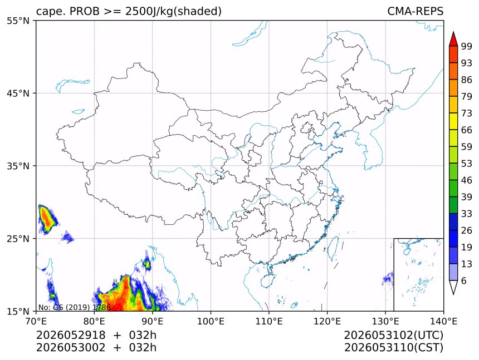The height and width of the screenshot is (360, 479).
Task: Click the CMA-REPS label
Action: click(x=415, y=11)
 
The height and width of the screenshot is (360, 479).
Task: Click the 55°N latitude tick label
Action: click(x=18, y=21)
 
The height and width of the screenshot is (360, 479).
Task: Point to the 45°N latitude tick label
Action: click(x=18, y=93)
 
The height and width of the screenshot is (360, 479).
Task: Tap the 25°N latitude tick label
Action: click(x=18, y=239)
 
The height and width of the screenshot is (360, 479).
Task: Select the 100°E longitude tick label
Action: click(x=211, y=321)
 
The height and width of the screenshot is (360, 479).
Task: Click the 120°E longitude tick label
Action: click(x=327, y=321)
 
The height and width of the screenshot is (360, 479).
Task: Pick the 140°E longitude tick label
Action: click(x=443, y=321)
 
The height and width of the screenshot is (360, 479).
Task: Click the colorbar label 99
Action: click(x=467, y=46)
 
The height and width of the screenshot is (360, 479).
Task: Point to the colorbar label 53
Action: click(x=467, y=164)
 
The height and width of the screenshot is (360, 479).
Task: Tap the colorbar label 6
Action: click(x=464, y=280)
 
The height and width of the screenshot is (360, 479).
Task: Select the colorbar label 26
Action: click(x=467, y=230)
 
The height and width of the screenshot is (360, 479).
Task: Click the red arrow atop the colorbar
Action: click(x=453, y=39)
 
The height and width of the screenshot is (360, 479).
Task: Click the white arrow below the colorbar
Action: click(x=453, y=288)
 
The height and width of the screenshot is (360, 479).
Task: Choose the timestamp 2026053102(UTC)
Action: click(x=393, y=336)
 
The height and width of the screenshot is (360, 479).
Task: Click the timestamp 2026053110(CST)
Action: click(x=393, y=348)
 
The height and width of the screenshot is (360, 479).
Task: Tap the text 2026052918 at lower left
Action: click(x=71, y=336)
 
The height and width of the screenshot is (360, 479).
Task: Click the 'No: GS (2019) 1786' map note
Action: click(x=74, y=307)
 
